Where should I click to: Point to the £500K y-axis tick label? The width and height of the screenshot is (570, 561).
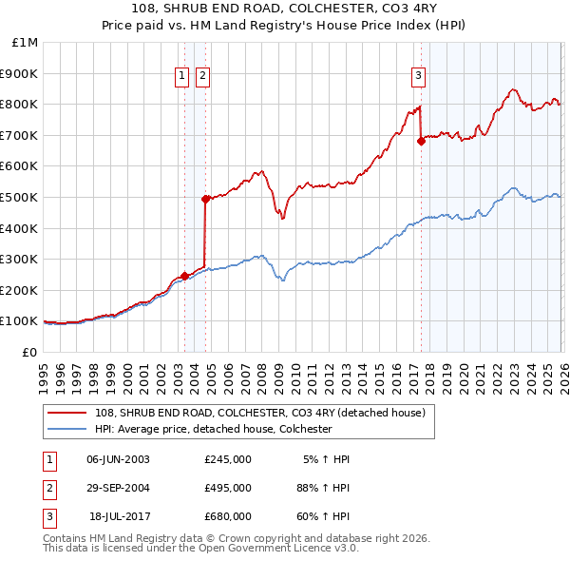click(x=20, y=197)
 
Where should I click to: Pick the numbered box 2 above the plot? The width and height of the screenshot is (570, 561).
click(x=203, y=78)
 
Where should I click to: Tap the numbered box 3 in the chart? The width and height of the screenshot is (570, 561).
click(x=418, y=78)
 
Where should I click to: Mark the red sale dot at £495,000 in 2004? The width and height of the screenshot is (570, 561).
click(x=205, y=199)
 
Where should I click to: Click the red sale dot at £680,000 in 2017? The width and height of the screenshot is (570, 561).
click(x=421, y=141)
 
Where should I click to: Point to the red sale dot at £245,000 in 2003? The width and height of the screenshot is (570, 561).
click(x=184, y=276)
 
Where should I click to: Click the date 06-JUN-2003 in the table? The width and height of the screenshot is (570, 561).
click(x=118, y=459)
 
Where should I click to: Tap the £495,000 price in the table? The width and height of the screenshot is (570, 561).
click(x=228, y=488)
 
